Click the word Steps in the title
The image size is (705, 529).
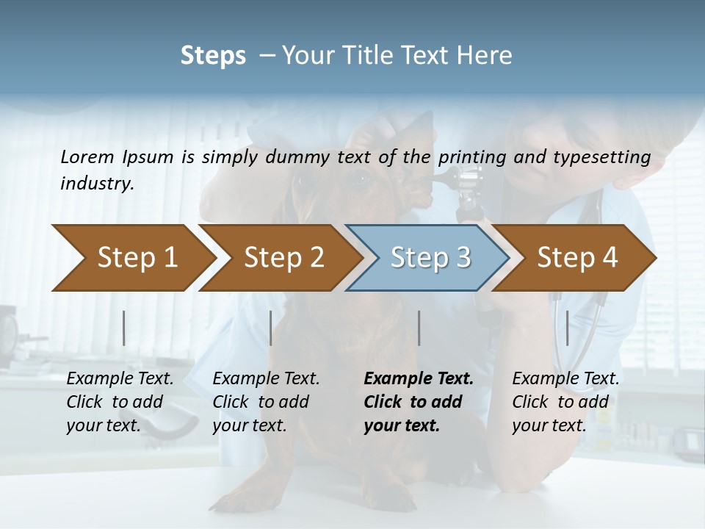point(213,56)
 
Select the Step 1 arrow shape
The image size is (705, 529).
point(132,258)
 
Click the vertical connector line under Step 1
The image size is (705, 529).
point(124,328)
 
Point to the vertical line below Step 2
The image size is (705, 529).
point(271,328)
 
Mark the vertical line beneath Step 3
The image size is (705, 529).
point(419,328)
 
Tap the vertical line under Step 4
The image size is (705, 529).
point(568,328)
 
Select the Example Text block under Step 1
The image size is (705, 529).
point(120,402)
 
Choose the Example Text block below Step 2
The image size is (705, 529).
point(266,402)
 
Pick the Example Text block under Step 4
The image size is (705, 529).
point(565,402)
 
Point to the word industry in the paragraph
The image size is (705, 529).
point(96,184)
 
